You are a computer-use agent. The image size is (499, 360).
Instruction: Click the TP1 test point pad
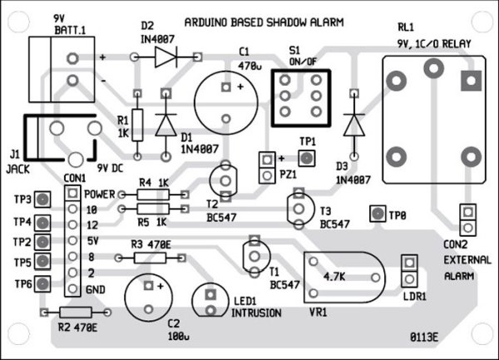pos(307,158)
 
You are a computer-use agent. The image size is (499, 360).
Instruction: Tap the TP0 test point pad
pos(378,214)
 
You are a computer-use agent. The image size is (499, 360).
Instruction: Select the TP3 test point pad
pos(42,200)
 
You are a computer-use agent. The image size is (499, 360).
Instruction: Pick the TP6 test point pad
pos(42,284)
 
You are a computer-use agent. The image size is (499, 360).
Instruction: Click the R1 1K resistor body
pos(137,125)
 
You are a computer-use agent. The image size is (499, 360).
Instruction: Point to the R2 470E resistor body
pos(76,313)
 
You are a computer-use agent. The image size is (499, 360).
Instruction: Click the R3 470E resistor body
pos(150,258)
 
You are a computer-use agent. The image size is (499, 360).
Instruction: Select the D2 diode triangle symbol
pos(166,57)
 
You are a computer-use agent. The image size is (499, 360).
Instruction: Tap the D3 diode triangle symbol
pos(354,125)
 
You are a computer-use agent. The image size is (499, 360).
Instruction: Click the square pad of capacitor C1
pos(226,87)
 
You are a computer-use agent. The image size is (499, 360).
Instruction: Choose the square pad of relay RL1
pos(472,81)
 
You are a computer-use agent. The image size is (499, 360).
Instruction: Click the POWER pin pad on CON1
pos(73,193)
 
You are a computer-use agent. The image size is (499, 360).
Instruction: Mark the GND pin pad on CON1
pos(73,288)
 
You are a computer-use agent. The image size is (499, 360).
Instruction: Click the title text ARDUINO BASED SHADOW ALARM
pos(264,22)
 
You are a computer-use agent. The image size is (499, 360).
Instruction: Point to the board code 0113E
pos(424,338)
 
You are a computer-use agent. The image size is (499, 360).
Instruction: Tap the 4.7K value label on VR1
pos(334,277)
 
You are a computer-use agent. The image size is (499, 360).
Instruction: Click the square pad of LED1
pos(210,295)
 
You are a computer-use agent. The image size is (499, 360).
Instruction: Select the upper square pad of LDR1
pos(409,263)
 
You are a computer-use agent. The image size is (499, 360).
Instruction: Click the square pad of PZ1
pos(267,159)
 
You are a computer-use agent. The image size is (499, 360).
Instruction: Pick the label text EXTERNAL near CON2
pos(467,260)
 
